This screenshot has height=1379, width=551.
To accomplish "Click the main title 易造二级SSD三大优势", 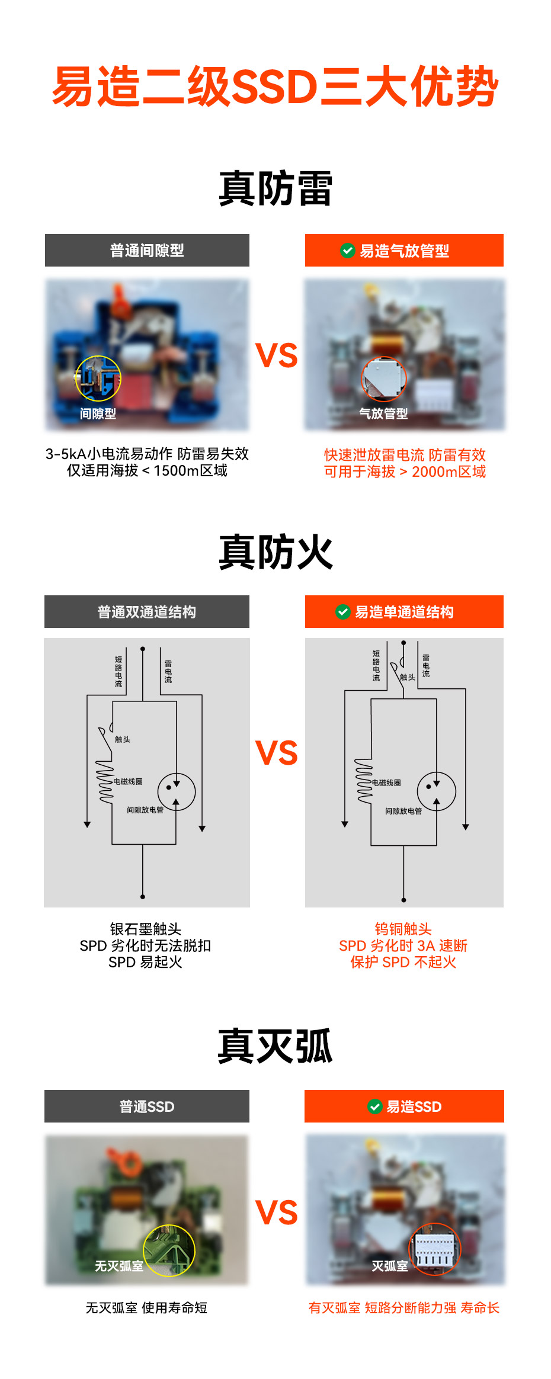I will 275,87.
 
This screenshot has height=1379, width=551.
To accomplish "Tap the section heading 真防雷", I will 275,188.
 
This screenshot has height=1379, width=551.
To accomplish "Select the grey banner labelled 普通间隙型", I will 147,251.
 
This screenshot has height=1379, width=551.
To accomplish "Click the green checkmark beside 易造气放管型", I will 348,251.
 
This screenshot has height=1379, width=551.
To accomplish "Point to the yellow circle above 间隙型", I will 98,379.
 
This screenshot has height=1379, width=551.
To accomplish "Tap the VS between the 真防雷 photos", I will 276,355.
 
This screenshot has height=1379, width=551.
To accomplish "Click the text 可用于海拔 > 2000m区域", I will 405,472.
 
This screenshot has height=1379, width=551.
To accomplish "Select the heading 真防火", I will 275,552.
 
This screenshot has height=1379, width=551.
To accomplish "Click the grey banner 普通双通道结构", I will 147,612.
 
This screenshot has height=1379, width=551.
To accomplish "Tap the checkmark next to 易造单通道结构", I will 343,612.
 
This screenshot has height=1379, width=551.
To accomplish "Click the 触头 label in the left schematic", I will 123,739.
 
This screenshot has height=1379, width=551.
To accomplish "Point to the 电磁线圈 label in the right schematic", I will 386,782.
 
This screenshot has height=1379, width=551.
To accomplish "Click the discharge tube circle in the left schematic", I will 177,792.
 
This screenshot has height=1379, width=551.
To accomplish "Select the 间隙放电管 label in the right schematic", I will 403,811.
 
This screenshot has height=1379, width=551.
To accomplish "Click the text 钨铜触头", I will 403,929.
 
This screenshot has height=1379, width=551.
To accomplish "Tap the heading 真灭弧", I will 275,1047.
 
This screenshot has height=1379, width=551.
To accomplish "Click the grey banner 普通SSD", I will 147,1107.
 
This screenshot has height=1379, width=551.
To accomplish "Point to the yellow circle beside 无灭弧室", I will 169,1250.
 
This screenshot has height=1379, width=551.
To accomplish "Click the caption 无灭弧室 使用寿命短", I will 146,1308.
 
